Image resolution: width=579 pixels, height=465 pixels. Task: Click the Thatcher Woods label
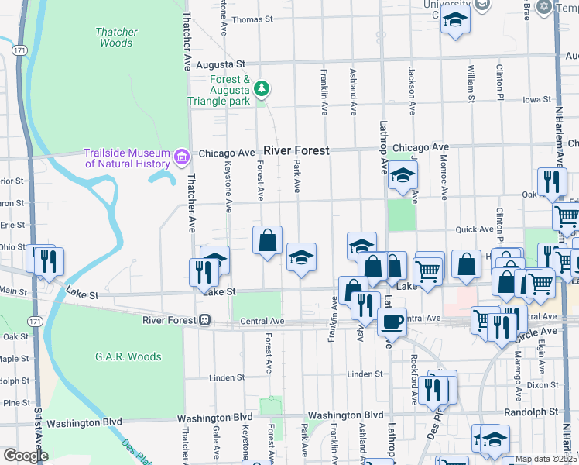pos(116,37)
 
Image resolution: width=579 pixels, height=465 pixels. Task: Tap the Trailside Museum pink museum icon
pos(182,158)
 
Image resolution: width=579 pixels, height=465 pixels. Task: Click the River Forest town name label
pos(296,150)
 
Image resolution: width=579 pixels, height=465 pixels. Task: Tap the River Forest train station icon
pos(204,319)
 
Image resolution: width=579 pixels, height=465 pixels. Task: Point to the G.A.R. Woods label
pos(128,356)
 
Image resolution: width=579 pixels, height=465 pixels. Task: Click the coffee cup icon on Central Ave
pos(392,320)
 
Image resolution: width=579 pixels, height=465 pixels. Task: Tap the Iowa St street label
pos(536,99)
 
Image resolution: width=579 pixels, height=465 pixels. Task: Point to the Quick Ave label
pos(475,229)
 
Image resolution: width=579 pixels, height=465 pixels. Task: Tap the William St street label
pos(471,83)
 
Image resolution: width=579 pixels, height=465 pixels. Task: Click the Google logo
pos(26,456)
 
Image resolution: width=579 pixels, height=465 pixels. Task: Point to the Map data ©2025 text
pos(546,459)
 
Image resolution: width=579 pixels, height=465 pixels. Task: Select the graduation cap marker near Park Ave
pos(301,257)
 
